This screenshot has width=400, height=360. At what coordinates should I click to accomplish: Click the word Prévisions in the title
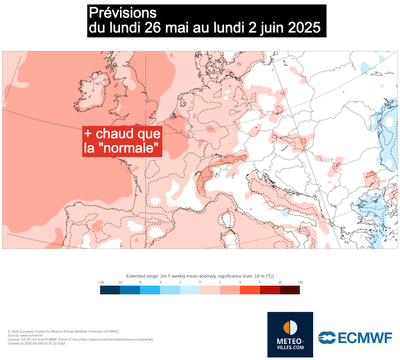click(x=122, y=13)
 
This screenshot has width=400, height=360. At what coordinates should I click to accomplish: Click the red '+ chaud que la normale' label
click(x=122, y=141)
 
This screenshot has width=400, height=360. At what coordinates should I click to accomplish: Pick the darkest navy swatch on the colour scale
click(x=110, y=290)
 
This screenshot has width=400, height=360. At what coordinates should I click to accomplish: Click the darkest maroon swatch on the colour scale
click(x=290, y=290)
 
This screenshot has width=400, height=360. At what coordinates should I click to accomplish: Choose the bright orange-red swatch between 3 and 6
click(x=250, y=290)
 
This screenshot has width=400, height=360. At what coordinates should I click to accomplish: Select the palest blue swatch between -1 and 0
click(x=190, y=290)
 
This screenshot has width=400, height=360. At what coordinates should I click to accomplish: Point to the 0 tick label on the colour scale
click(x=200, y=282)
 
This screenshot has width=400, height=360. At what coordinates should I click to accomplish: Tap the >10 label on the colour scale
click(x=300, y=282)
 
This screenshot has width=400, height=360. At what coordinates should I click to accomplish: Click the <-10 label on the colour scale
click(x=101, y=282)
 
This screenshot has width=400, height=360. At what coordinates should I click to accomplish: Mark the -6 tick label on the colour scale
click(x=140, y=282)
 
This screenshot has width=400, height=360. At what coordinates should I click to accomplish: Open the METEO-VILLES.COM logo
click(x=290, y=334)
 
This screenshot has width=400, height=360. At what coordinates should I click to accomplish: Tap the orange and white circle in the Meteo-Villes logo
click(x=290, y=327)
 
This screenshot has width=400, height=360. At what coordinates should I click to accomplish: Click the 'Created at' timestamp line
click(x=37, y=343)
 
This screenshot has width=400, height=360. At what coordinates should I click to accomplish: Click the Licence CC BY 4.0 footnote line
click(x=80, y=339)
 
